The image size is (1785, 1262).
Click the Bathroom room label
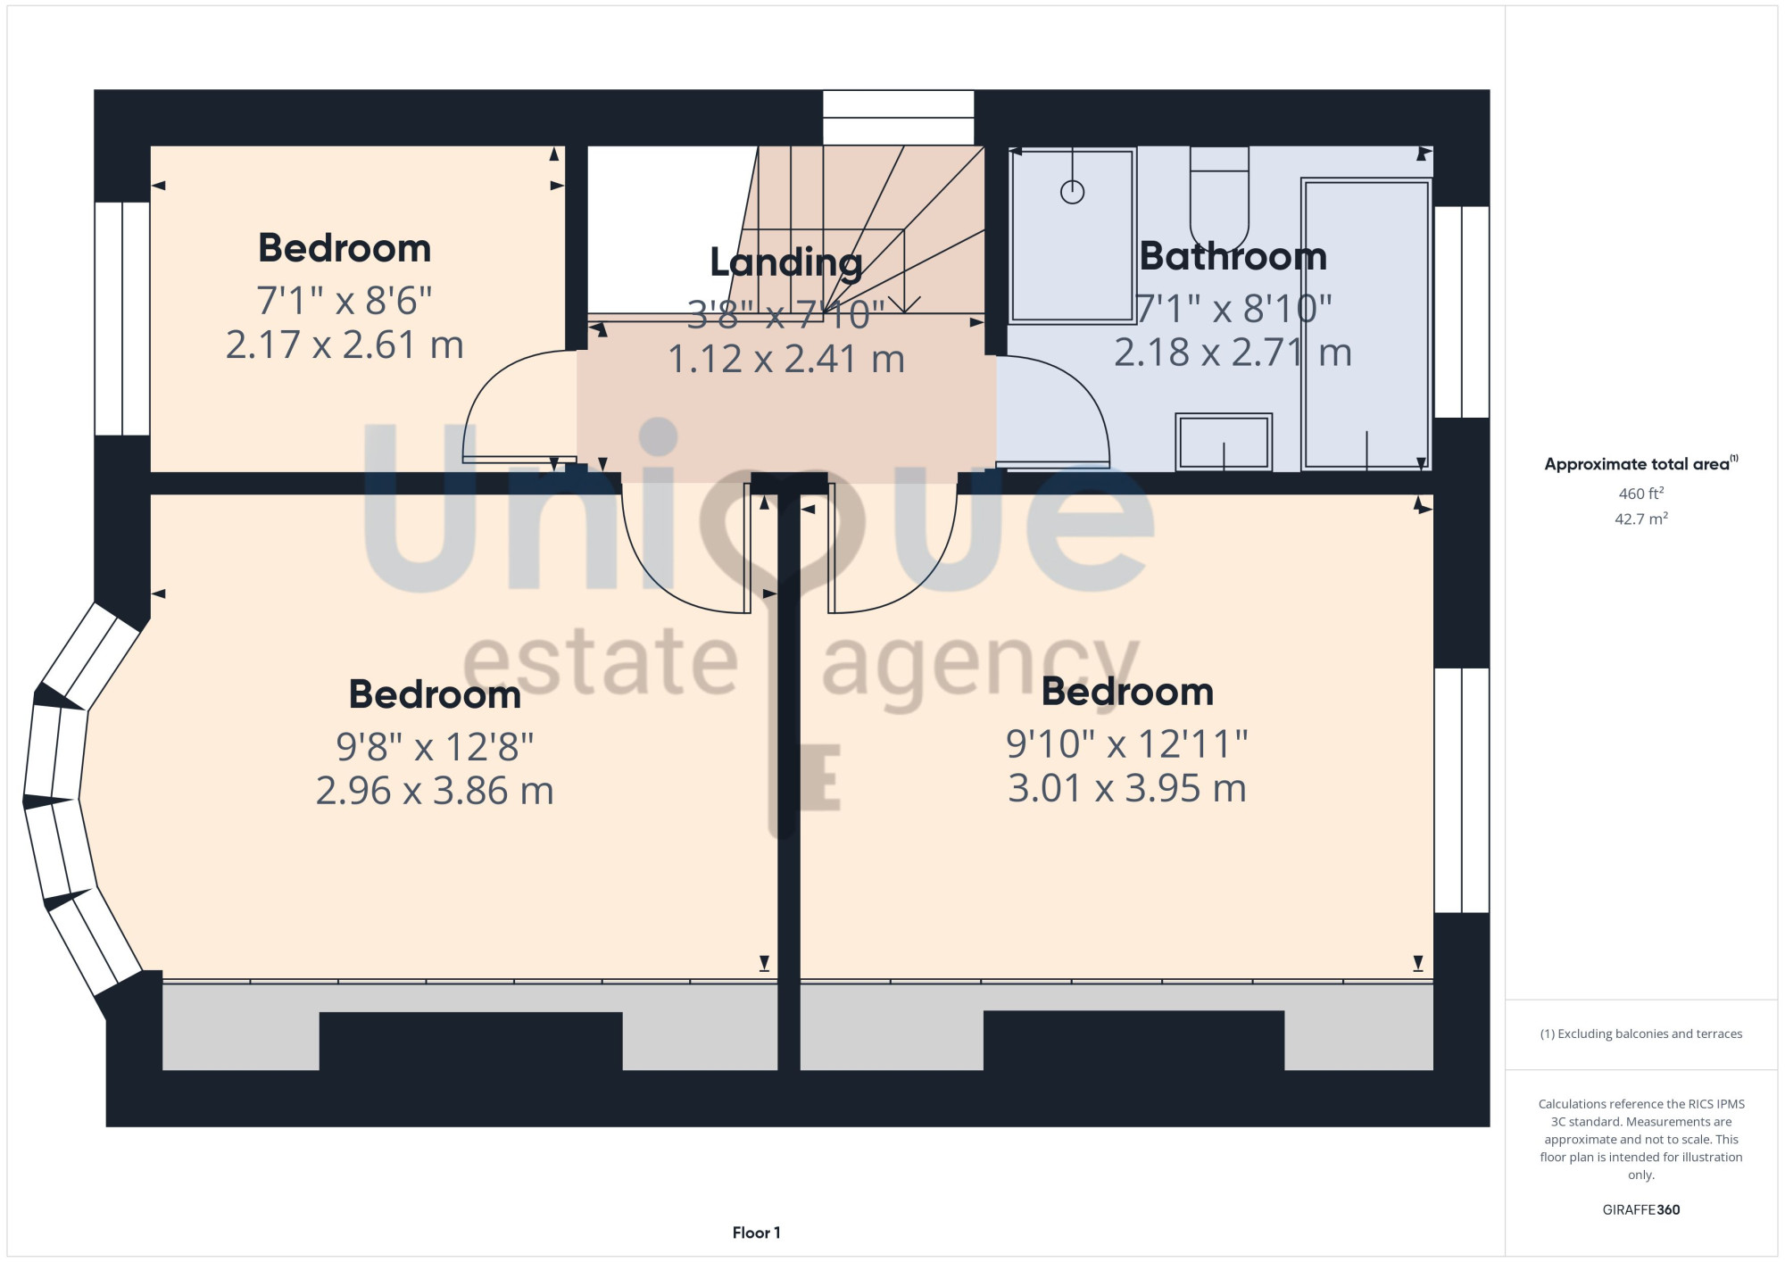pyautogui.click(x=1233, y=257)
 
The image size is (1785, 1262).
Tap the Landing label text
pyautogui.click(x=786, y=263)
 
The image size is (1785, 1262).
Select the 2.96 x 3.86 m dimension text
pyautogui.click(x=435, y=791)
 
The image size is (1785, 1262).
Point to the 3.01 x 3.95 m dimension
pyautogui.click(x=1127, y=788)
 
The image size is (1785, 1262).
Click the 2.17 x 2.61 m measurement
pyautogui.click(x=345, y=345)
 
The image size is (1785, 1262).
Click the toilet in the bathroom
pyautogui.click(x=1219, y=199)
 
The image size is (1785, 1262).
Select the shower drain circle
pyautogui.click(x=1072, y=192)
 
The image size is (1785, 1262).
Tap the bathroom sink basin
pyautogui.click(x=1224, y=442)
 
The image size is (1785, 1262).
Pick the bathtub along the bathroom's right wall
pyautogui.click(x=1366, y=324)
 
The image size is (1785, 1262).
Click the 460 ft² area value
pyautogui.click(x=1641, y=493)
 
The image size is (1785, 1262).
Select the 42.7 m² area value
pyautogui.click(x=1641, y=519)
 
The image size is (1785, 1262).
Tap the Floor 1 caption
pyautogui.click(x=756, y=1233)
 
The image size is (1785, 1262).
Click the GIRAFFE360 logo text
pyautogui.click(x=1641, y=1210)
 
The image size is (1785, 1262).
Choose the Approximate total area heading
pyautogui.click(x=1641, y=463)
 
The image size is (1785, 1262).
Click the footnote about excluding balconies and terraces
pyautogui.click(x=1641, y=1034)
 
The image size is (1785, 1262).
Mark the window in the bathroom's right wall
pyautogui.click(x=1462, y=311)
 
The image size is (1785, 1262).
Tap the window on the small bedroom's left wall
pyautogui.click(x=122, y=319)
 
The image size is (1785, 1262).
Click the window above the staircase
pyautogui.click(x=898, y=117)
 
